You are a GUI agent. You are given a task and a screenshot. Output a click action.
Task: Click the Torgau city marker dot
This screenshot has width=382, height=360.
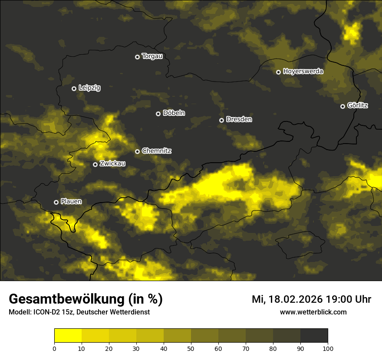(x=137, y=57)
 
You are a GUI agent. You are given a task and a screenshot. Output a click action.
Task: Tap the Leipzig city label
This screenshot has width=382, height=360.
(x=89, y=88)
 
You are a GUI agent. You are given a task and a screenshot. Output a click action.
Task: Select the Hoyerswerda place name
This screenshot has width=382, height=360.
(x=303, y=72)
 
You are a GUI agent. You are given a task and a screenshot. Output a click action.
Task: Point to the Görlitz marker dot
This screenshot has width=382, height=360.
(x=342, y=106)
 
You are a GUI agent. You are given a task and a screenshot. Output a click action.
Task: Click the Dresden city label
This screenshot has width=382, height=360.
(x=239, y=119)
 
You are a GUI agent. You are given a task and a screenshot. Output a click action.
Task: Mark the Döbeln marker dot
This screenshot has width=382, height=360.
(x=158, y=114)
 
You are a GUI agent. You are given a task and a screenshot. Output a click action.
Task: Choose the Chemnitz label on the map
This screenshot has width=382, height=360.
(x=157, y=151)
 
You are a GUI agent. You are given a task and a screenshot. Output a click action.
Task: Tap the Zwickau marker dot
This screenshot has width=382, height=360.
(x=95, y=164)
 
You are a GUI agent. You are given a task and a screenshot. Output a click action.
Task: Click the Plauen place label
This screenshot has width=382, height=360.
(x=71, y=202)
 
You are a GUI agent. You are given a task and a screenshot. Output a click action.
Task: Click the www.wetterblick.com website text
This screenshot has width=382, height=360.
(x=313, y=312)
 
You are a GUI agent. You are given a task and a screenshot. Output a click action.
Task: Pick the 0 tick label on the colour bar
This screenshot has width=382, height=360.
(x=54, y=348)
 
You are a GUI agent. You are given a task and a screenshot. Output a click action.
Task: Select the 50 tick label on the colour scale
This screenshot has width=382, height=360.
(x=191, y=348)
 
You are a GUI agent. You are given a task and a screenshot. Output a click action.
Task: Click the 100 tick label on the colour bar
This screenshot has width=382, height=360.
(x=328, y=348)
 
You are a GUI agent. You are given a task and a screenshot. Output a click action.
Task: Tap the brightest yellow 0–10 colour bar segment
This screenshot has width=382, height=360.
(x=68, y=336)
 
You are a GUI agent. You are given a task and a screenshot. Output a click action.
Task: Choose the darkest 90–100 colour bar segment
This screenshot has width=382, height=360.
(x=314, y=336)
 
